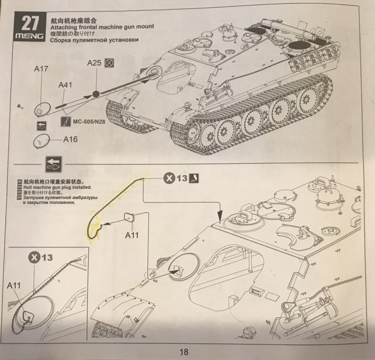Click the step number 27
click(30, 24)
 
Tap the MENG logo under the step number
click(30, 36)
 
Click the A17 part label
click(41, 69)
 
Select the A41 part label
click(65, 85)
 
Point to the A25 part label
click(94, 63)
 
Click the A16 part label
click(70, 139)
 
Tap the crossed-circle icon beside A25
click(109, 63)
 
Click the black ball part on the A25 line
click(96, 94)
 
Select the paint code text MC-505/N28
click(89, 121)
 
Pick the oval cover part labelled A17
click(42, 109)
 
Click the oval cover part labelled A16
click(41, 141)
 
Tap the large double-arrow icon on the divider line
click(54, 165)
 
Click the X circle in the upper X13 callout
click(169, 179)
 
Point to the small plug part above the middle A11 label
click(129, 218)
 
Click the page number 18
click(184, 352)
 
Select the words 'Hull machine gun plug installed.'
click(58, 187)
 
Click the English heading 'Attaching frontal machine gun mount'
click(102, 27)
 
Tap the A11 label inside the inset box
click(13, 286)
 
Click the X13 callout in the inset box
click(40, 257)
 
